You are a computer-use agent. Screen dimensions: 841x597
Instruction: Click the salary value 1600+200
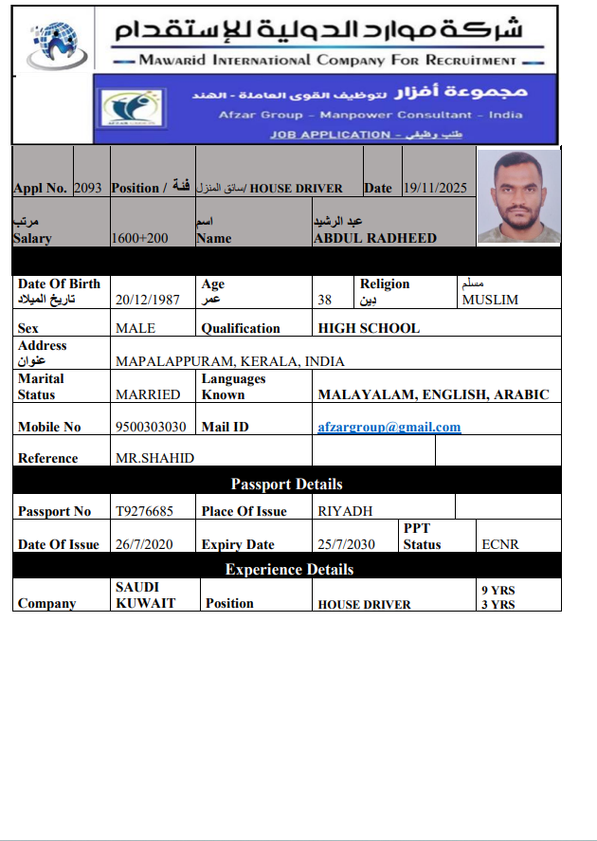(x=139, y=238)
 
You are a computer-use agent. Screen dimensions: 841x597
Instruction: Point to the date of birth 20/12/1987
(x=149, y=300)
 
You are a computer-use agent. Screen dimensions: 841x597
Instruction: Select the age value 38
(x=325, y=300)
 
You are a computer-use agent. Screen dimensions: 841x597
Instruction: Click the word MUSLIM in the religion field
(x=491, y=300)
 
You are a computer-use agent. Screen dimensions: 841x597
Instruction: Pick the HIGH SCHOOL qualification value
(x=369, y=328)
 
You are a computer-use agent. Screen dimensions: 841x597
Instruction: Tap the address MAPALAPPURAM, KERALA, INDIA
(x=229, y=361)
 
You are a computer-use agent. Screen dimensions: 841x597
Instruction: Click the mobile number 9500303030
(x=151, y=427)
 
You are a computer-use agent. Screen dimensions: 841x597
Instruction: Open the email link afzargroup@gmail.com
(x=389, y=427)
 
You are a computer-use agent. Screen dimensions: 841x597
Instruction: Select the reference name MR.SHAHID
(x=154, y=458)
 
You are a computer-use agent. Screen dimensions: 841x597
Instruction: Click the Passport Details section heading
(x=286, y=484)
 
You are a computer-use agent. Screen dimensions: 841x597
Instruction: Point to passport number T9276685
(x=144, y=511)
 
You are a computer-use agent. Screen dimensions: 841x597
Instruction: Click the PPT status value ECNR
(x=499, y=544)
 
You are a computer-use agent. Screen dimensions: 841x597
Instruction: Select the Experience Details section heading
(x=289, y=569)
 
